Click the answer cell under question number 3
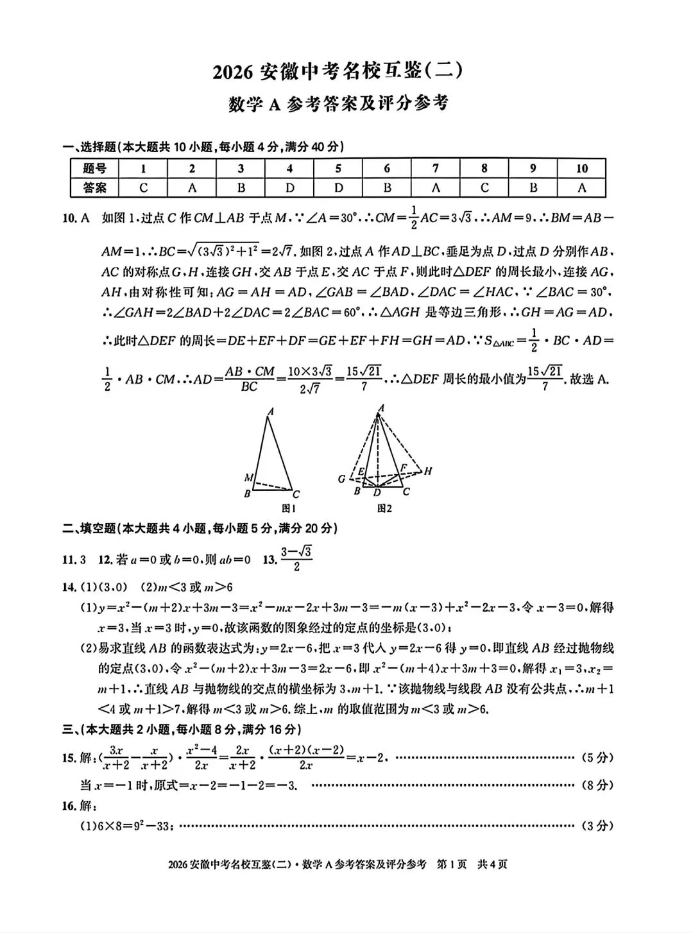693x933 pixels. [241, 188]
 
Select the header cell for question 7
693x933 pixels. [436, 168]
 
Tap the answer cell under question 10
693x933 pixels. [581, 188]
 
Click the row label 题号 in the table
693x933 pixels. [94, 168]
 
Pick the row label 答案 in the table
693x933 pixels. [94, 188]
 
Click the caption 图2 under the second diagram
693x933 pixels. [384, 508]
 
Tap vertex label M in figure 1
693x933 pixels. [248, 477]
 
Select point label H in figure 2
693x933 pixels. [428, 471]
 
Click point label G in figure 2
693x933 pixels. [341, 479]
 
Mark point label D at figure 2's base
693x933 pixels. [377, 493]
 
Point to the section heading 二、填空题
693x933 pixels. [90, 528]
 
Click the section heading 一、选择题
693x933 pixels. [90, 147]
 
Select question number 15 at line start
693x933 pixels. [69, 758]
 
